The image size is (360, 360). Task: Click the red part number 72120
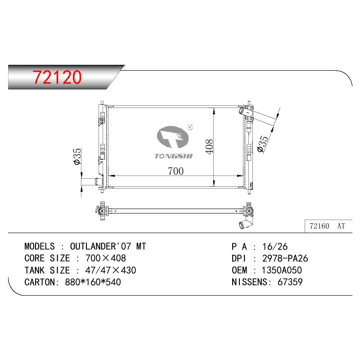(57, 76)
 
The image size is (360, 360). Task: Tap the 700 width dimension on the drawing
(175, 171)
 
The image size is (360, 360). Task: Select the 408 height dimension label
(209, 147)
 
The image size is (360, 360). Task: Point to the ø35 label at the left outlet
(77, 156)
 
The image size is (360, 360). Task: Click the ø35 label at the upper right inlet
(263, 144)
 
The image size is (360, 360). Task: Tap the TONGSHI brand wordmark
(173, 156)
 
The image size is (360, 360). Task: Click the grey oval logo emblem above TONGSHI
(172, 137)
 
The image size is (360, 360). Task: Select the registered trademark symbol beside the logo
(190, 127)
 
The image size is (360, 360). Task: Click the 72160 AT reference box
(328, 226)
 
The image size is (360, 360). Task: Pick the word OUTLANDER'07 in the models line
(100, 246)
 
